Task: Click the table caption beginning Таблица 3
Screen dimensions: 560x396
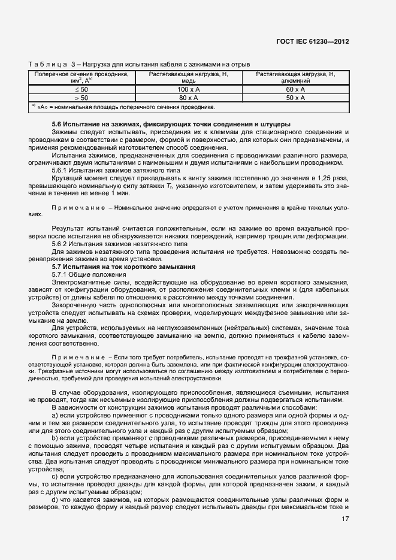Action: [139, 64]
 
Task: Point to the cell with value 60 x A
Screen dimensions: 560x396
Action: [295, 89]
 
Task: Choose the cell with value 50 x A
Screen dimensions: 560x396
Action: [295, 97]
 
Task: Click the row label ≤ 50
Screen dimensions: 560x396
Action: [81, 89]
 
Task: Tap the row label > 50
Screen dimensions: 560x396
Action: [81, 97]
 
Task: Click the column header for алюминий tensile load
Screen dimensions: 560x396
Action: [295, 77]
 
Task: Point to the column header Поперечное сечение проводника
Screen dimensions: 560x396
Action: [81, 77]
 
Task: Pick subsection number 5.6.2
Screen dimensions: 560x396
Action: [61, 244]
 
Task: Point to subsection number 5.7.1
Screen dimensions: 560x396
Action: [61, 274]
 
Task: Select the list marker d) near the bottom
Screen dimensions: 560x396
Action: [56, 500]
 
